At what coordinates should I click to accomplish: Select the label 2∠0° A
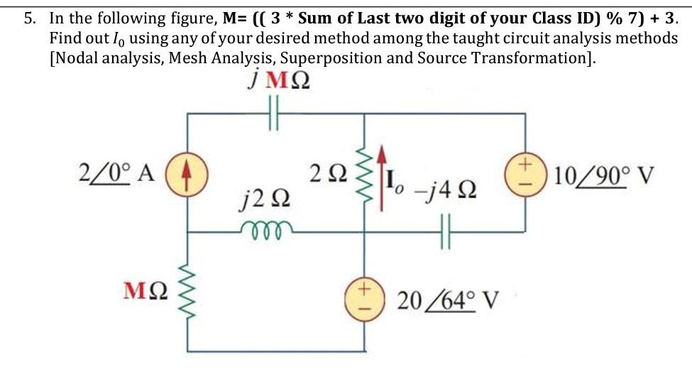pos(114,174)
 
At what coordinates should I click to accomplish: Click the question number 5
pos(29,18)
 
